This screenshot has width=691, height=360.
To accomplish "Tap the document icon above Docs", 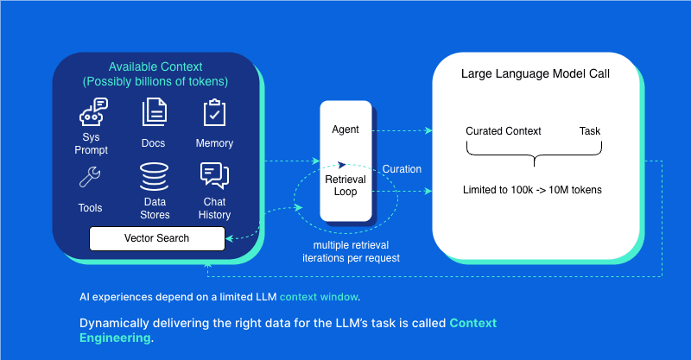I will click(153, 113).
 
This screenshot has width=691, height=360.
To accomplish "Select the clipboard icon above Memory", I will click(213, 113).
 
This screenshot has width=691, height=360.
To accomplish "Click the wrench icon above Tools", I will click(90, 178).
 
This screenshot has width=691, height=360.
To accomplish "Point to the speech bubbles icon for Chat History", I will click(213, 176).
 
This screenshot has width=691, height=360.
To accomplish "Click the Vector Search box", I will click(157, 238).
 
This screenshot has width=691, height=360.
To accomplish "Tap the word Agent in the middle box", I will click(345, 129).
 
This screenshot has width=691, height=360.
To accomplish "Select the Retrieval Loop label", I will click(345, 185).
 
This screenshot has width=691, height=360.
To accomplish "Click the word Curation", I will click(402, 169).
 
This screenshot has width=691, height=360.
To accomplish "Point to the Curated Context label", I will click(503, 131).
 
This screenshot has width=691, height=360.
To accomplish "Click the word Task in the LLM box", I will click(589, 131).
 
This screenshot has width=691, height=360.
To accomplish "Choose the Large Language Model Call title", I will click(536, 74).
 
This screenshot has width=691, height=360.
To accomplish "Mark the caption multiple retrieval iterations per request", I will click(349, 251).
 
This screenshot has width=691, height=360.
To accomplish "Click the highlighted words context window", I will click(318, 297).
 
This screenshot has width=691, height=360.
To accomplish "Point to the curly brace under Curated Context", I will click(534, 156).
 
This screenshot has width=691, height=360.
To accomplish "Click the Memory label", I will click(214, 143).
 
